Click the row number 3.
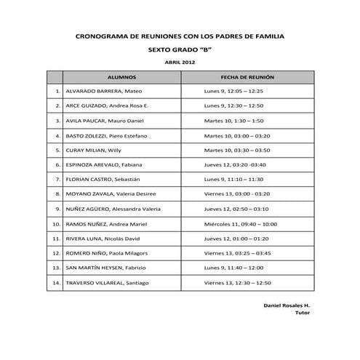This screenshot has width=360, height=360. (x=57, y=121)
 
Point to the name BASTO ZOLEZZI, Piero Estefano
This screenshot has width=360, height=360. (x=106, y=135)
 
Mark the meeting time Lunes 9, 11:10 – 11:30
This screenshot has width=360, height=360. (x=233, y=179)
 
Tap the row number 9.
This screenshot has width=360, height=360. (x=57, y=209)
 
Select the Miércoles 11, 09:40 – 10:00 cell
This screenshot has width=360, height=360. (x=241, y=223)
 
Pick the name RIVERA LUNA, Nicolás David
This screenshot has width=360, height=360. (x=104, y=238)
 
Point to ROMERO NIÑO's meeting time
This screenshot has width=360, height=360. (x=238, y=253)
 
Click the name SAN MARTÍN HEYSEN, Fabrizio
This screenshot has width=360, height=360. (x=106, y=268)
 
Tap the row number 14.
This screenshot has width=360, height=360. (x=56, y=282)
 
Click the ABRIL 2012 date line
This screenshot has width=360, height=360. (x=180, y=63)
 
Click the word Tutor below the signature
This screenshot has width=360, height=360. (x=303, y=313)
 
